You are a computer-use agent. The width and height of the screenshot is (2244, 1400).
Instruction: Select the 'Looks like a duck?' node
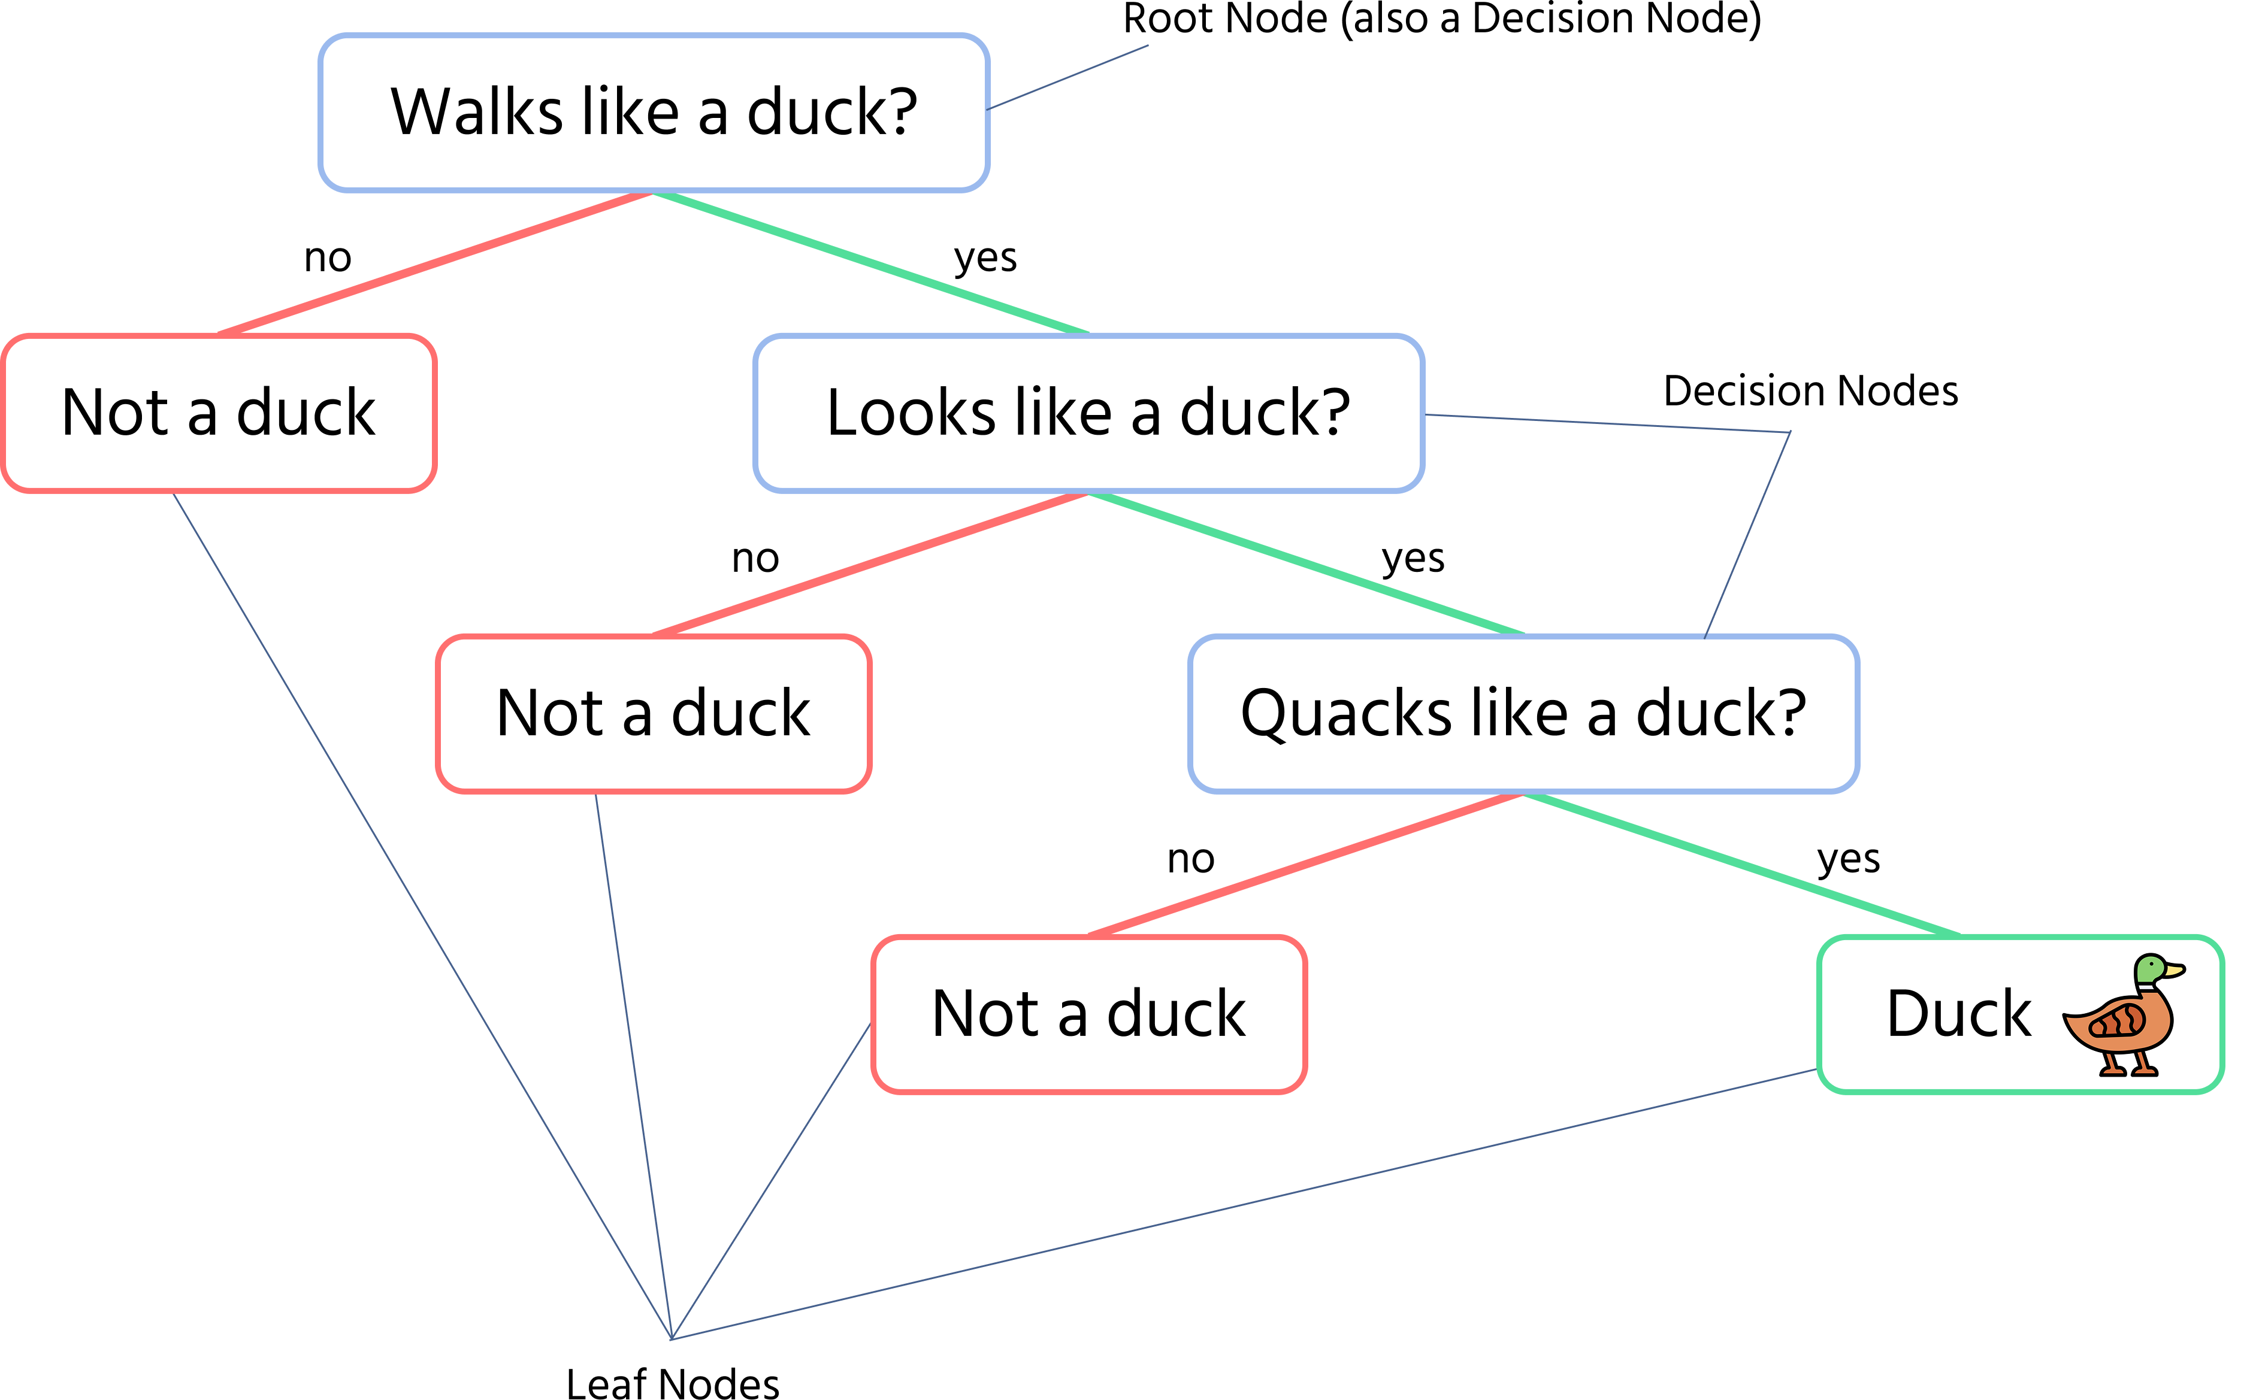coord(1089,413)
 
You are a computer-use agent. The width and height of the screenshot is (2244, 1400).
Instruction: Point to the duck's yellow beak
coord(2175,971)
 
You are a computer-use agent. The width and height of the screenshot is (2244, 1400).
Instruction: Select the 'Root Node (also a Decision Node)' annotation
coord(1442,19)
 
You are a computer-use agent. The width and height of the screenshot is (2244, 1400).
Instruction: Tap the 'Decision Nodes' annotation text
coord(1810,391)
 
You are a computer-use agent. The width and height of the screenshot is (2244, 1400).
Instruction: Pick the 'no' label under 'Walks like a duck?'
coord(328,258)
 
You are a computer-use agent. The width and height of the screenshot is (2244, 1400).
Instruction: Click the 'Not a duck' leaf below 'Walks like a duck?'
coord(219,413)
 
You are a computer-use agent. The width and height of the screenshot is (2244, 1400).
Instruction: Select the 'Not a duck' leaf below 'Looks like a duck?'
coord(654,714)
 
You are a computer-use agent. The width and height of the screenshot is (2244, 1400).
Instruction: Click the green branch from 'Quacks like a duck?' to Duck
coord(1742,865)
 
